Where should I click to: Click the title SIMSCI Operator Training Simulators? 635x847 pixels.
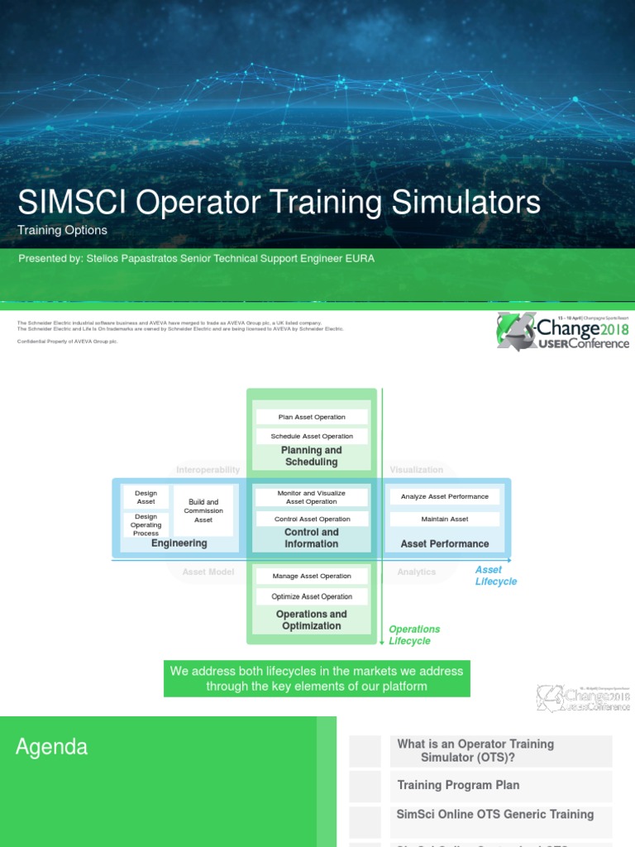(279, 203)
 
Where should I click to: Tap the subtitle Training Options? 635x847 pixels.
(63, 231)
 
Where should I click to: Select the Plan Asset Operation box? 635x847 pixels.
(312, 417)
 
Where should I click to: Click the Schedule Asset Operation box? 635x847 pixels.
(312, 436)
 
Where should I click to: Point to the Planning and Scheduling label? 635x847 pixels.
(312, 456)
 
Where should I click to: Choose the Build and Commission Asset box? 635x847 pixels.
(203, 510)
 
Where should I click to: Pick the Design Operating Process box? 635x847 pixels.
(146, 524)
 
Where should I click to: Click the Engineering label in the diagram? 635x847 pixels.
(179, 543)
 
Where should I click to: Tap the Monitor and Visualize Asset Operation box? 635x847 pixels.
(312, 497)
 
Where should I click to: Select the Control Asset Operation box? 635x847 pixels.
(312, 519)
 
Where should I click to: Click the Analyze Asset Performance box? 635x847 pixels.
(445, 496)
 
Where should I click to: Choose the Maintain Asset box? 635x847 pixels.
(445, 519)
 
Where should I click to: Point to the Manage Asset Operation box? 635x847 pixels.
(312, 576)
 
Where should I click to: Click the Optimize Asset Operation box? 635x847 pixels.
(312, 596)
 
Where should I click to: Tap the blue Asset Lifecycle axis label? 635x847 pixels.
(495, 576)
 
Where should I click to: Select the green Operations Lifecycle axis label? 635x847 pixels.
(414, 635)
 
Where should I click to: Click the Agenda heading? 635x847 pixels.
(51, 748)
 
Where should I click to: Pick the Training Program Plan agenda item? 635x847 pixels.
(458, 785)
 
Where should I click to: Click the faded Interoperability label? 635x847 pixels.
(208, 470)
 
